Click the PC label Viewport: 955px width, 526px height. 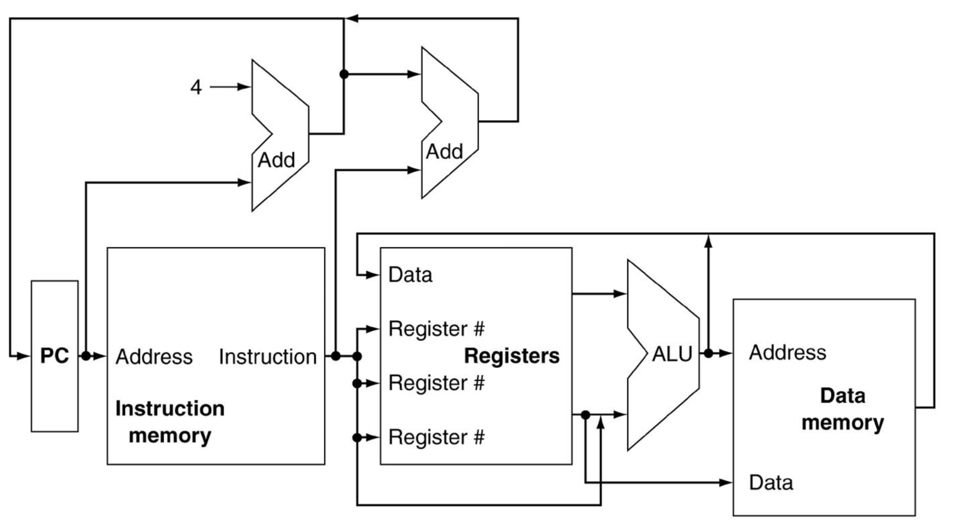pyautogui.click(x=55, y=356)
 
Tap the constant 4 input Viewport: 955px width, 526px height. pyautogui.click(x=196, y=87)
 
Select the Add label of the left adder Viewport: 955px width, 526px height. pyautogui.click(x=276, y=160)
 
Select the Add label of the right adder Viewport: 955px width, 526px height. pyautogui.click(x=444, y=151)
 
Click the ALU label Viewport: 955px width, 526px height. pyautogui.click(x=672, y=354)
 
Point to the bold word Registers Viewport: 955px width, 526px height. pyautogui.click(x=512, y=356)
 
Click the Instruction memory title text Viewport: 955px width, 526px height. pyautogui.click(x=170, y=422)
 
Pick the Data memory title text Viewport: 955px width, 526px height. pyautogui.click(x=843, y=409)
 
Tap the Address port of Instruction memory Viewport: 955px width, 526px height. pyautogui.click(x=154, y=357)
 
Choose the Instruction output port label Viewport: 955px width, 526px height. pyautogui.click(x=268, y=357)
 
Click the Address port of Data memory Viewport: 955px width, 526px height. pyautogui.click(x=787, y=352)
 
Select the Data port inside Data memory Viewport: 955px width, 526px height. pyautogui.click(x=771, y=482)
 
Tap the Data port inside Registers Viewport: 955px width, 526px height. pyautogui.click(x=410, y=275)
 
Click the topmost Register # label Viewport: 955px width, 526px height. pyautogui.click(x=436, y=329)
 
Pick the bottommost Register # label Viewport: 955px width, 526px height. pyautogui.click(x=436, y=437)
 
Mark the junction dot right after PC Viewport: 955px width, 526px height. pyautogui.click(x=86, y=356)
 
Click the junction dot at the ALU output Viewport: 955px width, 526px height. pyautogui.click(x=708, y=353)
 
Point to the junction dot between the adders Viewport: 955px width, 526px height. pyautogui.click(x=344, y=74)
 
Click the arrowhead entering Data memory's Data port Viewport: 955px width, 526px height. pyautogui.click(x=726, y=482)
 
